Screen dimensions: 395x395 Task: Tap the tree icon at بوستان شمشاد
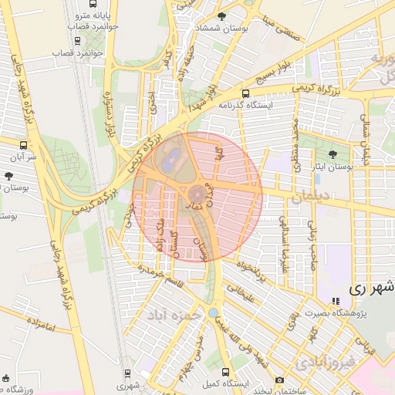[x=222, y=16]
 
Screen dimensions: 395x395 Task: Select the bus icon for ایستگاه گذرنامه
[x=245, y=94]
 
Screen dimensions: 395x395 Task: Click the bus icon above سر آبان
[x=23, y=144]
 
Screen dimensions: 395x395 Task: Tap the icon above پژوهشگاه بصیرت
[x=335, y=302]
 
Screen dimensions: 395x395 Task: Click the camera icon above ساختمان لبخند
[x=279, y=380]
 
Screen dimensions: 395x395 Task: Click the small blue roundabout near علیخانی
[x=213, y=313]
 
